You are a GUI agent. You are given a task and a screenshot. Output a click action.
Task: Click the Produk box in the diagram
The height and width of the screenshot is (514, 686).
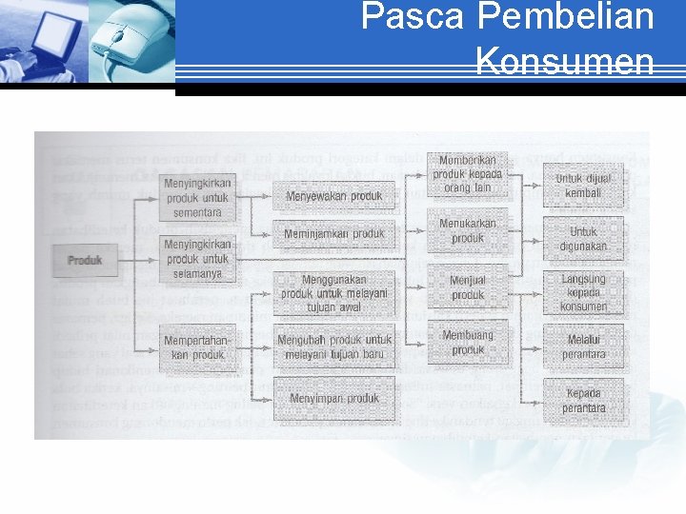[85, 260]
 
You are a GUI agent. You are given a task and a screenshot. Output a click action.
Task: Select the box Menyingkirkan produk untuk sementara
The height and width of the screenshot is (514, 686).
[197, 198]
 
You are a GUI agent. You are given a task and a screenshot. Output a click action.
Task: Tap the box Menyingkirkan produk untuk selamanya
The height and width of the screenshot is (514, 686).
[197, 259]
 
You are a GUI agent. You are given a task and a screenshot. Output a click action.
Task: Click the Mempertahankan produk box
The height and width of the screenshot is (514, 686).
[197, 347]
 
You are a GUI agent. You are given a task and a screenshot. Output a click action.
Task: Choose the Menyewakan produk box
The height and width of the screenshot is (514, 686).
[333, 196]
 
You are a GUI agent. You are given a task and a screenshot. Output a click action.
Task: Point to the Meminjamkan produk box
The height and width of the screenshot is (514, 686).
[333, 233]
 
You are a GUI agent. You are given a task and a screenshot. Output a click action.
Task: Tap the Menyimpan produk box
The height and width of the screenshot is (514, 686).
[333, 398]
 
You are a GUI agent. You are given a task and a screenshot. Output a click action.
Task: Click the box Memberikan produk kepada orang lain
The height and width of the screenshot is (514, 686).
[468, 174]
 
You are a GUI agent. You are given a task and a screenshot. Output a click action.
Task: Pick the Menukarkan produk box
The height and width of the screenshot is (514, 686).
[468, 231]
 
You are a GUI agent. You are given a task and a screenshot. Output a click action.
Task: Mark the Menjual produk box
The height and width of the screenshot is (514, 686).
[468, 287]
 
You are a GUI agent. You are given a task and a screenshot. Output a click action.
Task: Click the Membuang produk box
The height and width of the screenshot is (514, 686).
[468, 343]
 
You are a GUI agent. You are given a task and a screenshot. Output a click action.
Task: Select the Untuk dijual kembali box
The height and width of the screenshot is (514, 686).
[583, 186]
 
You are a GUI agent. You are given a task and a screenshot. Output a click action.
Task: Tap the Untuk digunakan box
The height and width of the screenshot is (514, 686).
[583, 238]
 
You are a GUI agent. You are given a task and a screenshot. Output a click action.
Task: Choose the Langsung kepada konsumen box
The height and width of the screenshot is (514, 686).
[583, 292]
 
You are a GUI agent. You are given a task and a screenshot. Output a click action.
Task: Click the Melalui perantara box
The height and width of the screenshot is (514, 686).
[583, 346]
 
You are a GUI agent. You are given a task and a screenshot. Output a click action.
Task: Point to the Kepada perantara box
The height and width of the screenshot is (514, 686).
[583, 401]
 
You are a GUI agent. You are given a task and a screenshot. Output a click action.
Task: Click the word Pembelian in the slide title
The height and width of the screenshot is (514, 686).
[566, 17]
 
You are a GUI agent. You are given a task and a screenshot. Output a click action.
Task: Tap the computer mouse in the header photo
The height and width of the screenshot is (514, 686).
[125, 38]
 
